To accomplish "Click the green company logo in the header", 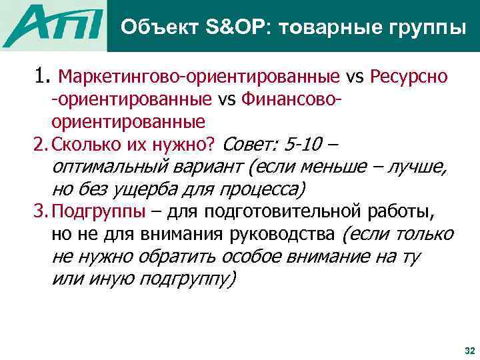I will point(56,26).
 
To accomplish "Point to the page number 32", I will point(468,350).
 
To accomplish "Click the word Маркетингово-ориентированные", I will point(201,79).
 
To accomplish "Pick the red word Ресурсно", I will point(408,79).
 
